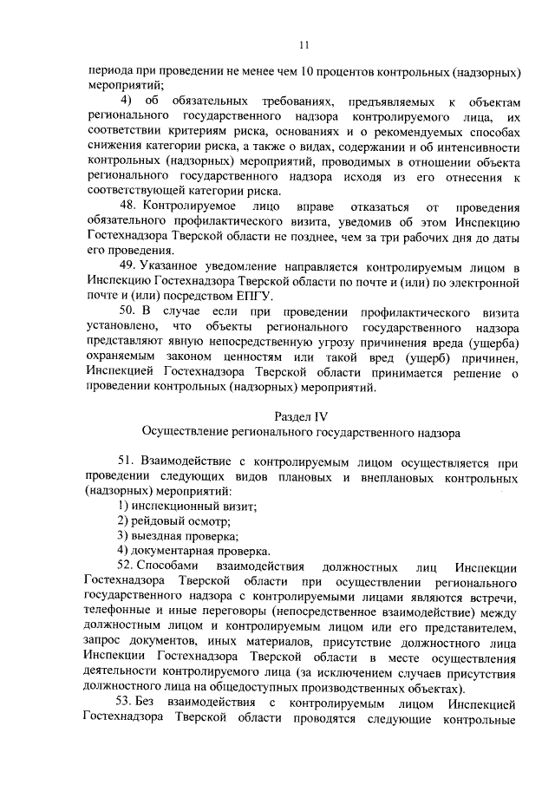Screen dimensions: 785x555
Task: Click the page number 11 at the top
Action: (x=303, y=46)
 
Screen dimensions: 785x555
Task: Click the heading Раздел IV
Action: (x=303, y=416)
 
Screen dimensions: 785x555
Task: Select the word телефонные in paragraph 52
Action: (x=118, y=612)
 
